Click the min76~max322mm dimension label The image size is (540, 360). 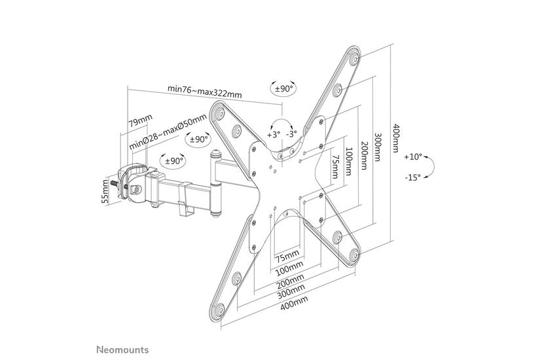coord(204,90)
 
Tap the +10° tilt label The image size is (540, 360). coord(413,157)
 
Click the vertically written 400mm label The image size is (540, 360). coord(395,138)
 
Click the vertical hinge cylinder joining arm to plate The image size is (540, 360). coord(215,184)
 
